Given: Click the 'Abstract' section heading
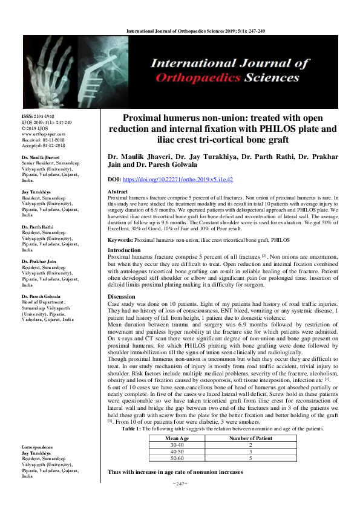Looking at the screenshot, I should [117, 191].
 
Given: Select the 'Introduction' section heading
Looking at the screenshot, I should [124, 250].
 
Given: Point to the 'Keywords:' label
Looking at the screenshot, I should [120, 240].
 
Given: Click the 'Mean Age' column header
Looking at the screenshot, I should [177, 438].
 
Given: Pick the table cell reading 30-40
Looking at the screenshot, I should [177, 444].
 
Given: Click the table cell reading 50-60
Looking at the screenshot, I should [177, 458].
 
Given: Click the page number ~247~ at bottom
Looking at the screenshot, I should [180, 484].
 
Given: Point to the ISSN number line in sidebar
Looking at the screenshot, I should [38, 115].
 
